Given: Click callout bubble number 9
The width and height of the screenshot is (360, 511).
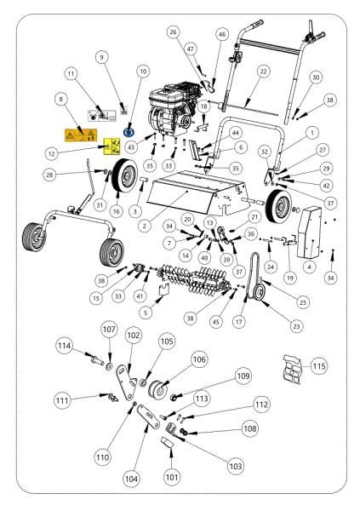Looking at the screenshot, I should (x=101, y=57).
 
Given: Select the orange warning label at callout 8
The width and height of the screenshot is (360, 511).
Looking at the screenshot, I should (x=79, y=133).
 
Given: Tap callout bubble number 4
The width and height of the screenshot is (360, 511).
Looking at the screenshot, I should (x=310, y=266).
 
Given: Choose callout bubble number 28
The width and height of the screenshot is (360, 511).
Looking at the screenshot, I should (x=75, y=174).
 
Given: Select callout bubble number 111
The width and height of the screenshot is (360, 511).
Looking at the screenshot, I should (x=85, y=399).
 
